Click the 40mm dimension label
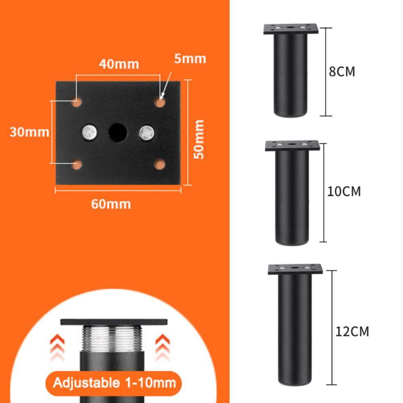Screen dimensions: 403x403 [x=119, y=64]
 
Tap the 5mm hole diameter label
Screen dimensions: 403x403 [x=190, y=59]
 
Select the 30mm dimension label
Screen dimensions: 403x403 [x=29, y=132]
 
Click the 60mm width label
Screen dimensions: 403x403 [x=111, y=204]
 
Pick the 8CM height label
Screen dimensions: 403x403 [x=342, y=72]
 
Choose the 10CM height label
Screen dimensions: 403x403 [x=344, y=191]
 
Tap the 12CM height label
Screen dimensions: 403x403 [x=352, y=332]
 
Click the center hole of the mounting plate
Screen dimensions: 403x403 [x=118, y=131]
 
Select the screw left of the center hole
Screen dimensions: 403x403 [x=89, y=132]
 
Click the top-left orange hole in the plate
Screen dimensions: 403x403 [x=77, y=103]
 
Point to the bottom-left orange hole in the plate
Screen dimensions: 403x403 [x=77, y=164]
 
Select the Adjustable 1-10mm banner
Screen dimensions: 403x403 [x=113, y=382]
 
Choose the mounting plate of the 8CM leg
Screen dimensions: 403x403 [x=291, y=29]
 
